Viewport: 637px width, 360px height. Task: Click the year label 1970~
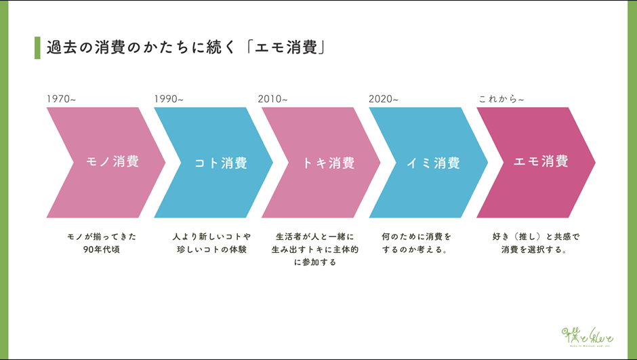pyautogui.click(x=61, y=99)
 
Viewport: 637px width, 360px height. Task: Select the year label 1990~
pyautogui.click(x=169, y=99)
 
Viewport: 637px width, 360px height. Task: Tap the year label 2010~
pyautogui.click(x=272, y=99)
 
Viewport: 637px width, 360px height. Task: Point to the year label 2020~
pyautogui.click(x=384, y=99)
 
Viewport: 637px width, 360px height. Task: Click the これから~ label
pyautogui.click(x=501, y=99)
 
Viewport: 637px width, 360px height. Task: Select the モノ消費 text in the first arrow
pyautogui.click(x=112, y=161)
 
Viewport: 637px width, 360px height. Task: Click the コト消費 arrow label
pyautogui.click(x=221, y=163)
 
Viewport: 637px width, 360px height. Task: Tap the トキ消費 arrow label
pyautogui.click(x=329, y=163)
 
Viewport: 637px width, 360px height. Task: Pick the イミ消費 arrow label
pyautogui.click(x=433, y=163)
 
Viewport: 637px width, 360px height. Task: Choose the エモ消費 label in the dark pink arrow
pyautogui.click(x=541, y=161)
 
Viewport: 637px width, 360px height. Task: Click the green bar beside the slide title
pyautogui.click(x=37, y=48)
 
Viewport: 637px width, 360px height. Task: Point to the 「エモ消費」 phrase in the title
pyautogui.click(x=285, y=47)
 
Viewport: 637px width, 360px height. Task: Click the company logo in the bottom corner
pyautogui.click(x=588, y=337)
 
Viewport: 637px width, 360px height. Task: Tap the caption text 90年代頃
pyautogui.click(x=102, y=249)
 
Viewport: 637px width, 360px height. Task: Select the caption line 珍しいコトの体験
pyautogui.click(x=211, y=249)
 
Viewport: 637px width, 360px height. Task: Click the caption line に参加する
pyautogui.click(x=315, y=262)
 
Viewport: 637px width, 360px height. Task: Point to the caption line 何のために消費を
pyautogui.click(x=416, y=237)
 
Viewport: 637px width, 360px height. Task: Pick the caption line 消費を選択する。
pyautogui.click(x=534, y=249)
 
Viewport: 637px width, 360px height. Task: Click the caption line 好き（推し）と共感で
pyautogui.click(x=536, y=237)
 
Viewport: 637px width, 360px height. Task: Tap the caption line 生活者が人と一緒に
pyautogui.click(x=315, y=237)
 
